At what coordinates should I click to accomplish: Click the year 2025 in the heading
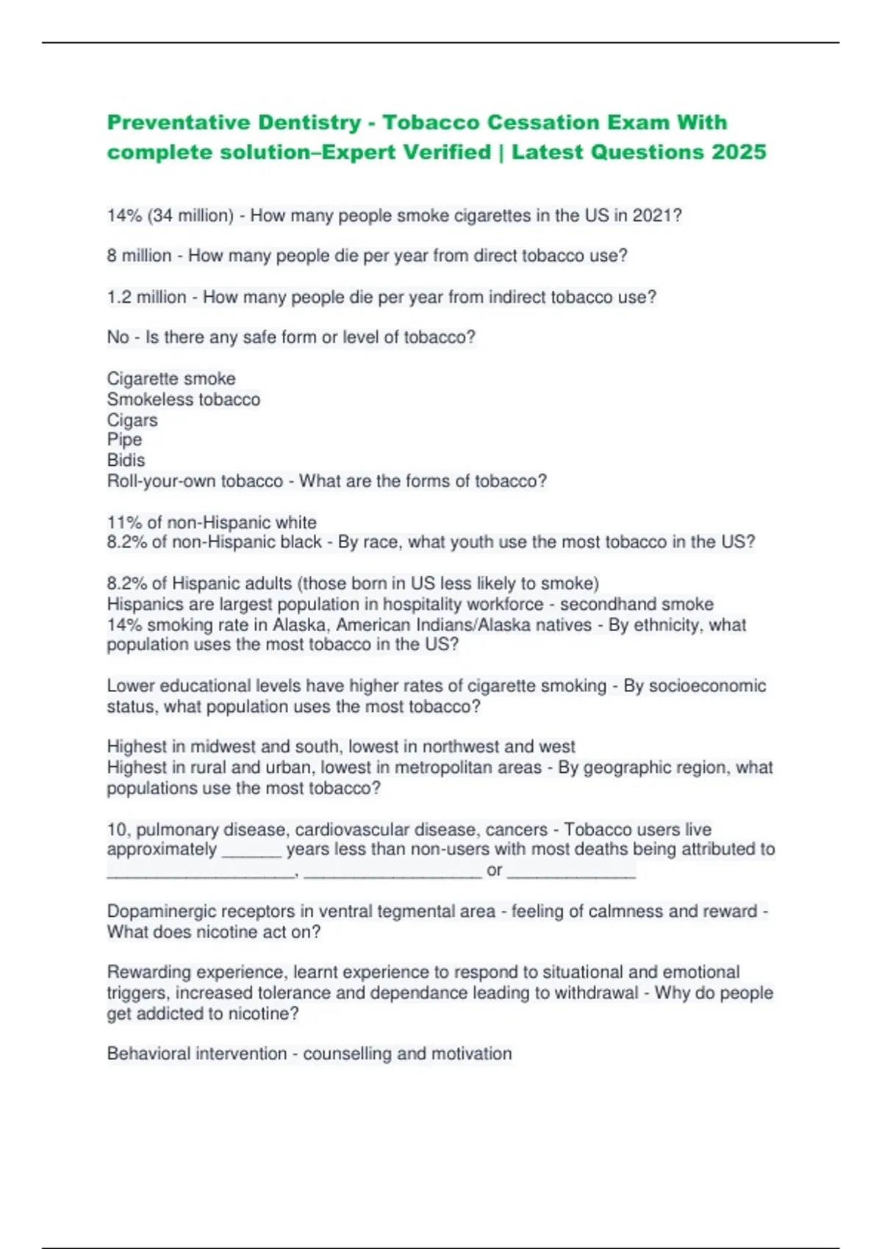point(739,152)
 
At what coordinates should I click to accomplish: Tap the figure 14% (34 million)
point(170,216)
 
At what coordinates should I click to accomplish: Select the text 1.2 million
point(146,298)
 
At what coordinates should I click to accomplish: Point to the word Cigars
point(132,420)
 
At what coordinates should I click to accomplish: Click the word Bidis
point(126,461)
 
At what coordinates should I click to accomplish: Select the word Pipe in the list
point(124,440)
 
